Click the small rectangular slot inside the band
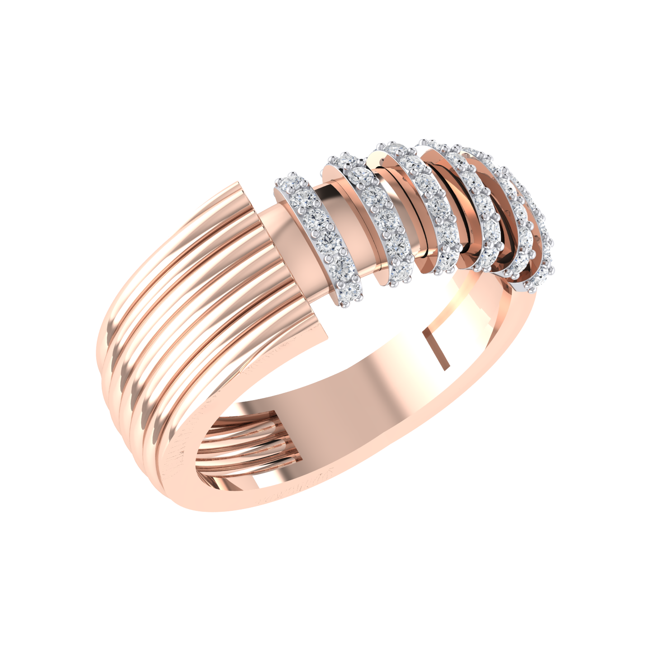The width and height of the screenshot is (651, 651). tap(435, 348)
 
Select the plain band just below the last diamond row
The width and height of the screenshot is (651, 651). tap(520, 316)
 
